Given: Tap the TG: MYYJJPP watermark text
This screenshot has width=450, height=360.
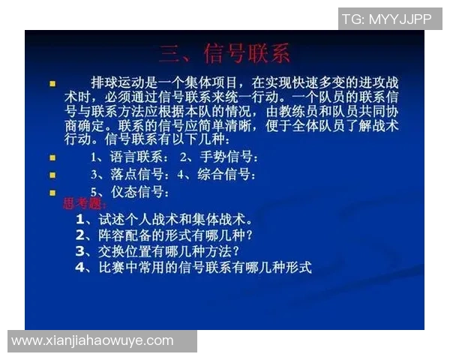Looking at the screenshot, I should pyautogui.click(x=386, y=19).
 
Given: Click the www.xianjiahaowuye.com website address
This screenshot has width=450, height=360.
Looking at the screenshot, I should pyautogui.click(x=92, y=341).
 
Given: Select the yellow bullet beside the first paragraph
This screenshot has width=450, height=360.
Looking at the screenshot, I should pyautogui.click(x=52, y=83).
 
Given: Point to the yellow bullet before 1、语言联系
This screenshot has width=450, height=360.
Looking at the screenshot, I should pyautogui.click(x=52, y=158).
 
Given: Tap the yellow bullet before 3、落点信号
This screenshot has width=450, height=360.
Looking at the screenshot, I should pyautogui.click(x=52, y=175).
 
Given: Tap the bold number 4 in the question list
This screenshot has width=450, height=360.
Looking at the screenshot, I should pyautogui.click(x=80, y=267).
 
